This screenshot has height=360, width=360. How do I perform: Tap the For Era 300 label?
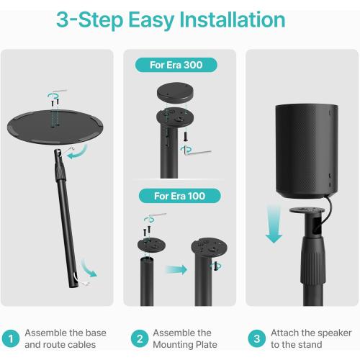tap(176, 66)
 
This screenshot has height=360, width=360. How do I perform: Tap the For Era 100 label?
tap(176, 196)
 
